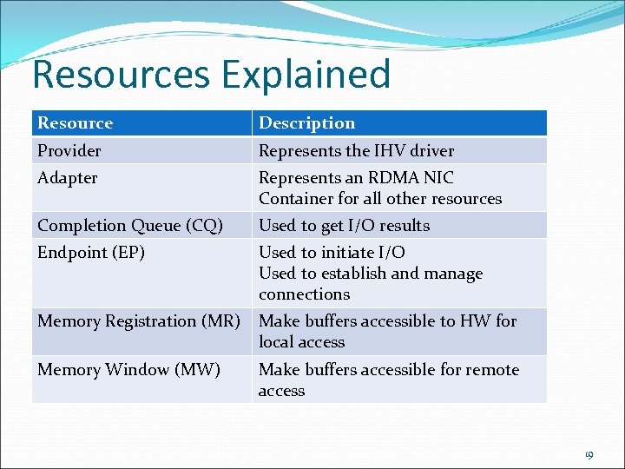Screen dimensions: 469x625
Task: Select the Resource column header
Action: coord(75,123)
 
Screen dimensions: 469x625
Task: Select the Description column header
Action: coord(306,123)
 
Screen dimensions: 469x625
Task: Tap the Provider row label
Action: coord(69,151)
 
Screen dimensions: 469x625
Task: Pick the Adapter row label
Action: coord(67,178)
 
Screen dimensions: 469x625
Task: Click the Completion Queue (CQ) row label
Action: coord(129,226)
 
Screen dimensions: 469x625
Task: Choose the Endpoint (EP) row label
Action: coord(90,253)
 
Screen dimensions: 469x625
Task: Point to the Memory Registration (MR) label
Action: coord(138,321)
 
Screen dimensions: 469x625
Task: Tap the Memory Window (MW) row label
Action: coord(128,370)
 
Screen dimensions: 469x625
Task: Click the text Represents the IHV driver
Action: coord(356,151)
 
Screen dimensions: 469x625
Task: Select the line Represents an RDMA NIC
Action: coord(356,178)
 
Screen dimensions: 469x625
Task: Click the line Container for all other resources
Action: coord(380,199)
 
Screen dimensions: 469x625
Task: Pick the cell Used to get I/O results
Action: coord(344,226)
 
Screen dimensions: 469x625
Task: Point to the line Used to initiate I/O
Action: coord(332,253)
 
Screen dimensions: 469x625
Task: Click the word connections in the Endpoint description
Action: coord(304,294)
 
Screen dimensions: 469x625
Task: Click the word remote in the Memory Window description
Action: coord(492,370)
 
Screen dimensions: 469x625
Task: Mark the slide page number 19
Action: coord(588,454)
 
